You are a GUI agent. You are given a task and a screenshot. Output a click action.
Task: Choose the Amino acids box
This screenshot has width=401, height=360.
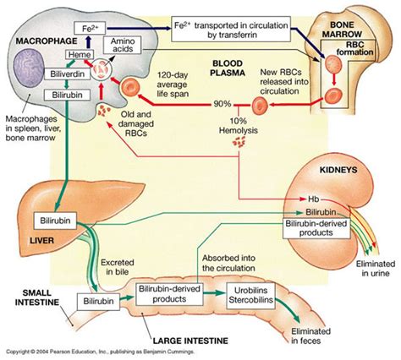click(119, 45)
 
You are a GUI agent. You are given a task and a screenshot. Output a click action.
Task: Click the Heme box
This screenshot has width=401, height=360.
click(78, 55)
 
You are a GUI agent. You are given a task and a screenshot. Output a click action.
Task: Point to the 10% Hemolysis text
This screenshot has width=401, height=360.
click(241, 123)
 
